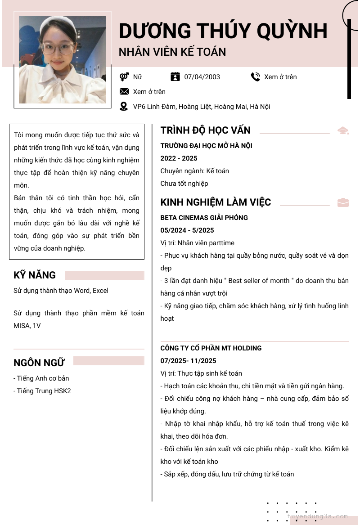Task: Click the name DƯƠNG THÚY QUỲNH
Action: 223,31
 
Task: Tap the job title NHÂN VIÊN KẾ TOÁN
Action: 172,52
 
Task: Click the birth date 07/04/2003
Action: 202,77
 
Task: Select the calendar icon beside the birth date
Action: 175,77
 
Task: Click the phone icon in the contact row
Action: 255,77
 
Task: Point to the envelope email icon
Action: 124,92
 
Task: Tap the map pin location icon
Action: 124,107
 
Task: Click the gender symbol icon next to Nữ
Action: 124,77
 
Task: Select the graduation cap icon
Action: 343,130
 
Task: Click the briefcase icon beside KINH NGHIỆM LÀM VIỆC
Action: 343,202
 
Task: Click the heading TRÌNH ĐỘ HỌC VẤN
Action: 205,130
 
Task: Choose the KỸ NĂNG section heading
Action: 35,275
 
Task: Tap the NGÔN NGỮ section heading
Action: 39,363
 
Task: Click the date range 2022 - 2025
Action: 179,158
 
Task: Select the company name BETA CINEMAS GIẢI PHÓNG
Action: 204,218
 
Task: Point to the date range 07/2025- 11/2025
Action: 188,361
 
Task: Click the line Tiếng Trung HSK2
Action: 42,391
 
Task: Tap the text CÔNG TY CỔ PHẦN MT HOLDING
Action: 211,348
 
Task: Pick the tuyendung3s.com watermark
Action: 318,516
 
